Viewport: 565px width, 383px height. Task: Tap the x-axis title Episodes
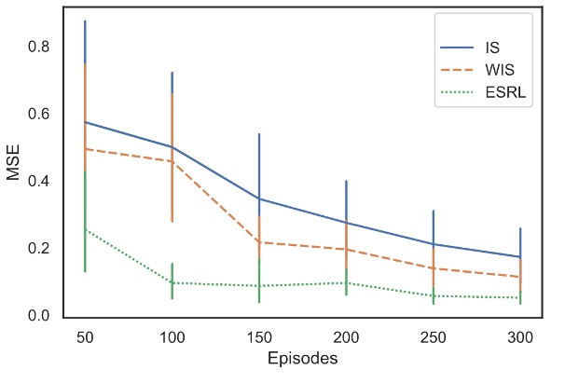pos(302,359)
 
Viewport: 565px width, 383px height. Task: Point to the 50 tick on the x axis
pos(85,334)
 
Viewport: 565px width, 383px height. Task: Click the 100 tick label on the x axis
pos(172,334)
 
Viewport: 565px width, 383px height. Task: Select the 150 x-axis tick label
pos(258,334)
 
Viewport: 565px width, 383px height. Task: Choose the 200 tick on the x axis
pos(346,334)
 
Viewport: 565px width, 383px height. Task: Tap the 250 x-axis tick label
pos(433,334)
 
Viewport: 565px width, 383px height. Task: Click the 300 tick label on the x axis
pos(519,334)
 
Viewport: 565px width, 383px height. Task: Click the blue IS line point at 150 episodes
pos(258,198)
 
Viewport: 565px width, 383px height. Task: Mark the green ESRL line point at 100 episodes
pos(172,282)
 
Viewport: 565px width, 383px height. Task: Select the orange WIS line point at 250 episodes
pos(433,268)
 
